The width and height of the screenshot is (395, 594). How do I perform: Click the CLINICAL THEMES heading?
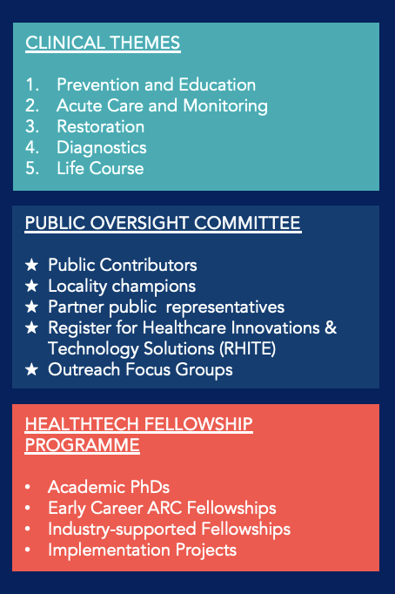coord(103,43)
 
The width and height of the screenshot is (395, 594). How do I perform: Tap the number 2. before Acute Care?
coord(32,105)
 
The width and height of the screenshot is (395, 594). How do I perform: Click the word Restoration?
coord(101,126)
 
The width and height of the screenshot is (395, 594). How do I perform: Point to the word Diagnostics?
coord(102,148)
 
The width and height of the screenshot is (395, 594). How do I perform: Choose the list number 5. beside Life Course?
coord(32,169)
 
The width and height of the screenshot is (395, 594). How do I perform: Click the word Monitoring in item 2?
coord(225,106)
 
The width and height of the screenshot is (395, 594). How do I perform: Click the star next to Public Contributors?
coord(32,265)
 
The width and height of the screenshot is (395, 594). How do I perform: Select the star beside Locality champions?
coord(32,286)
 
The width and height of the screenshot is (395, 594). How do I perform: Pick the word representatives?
coord(225,307)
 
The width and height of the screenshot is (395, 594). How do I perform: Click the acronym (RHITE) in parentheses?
coord(248,349)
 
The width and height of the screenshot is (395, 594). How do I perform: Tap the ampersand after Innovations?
coord(331,327)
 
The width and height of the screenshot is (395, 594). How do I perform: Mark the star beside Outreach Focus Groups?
coord(32,369)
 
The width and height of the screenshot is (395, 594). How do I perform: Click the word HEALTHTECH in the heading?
coord(82,424)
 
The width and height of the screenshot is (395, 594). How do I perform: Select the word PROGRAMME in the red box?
coord(83,445)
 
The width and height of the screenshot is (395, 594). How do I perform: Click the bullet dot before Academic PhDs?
coord(28,487)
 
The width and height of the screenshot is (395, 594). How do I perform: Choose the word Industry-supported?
coord(122,530)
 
